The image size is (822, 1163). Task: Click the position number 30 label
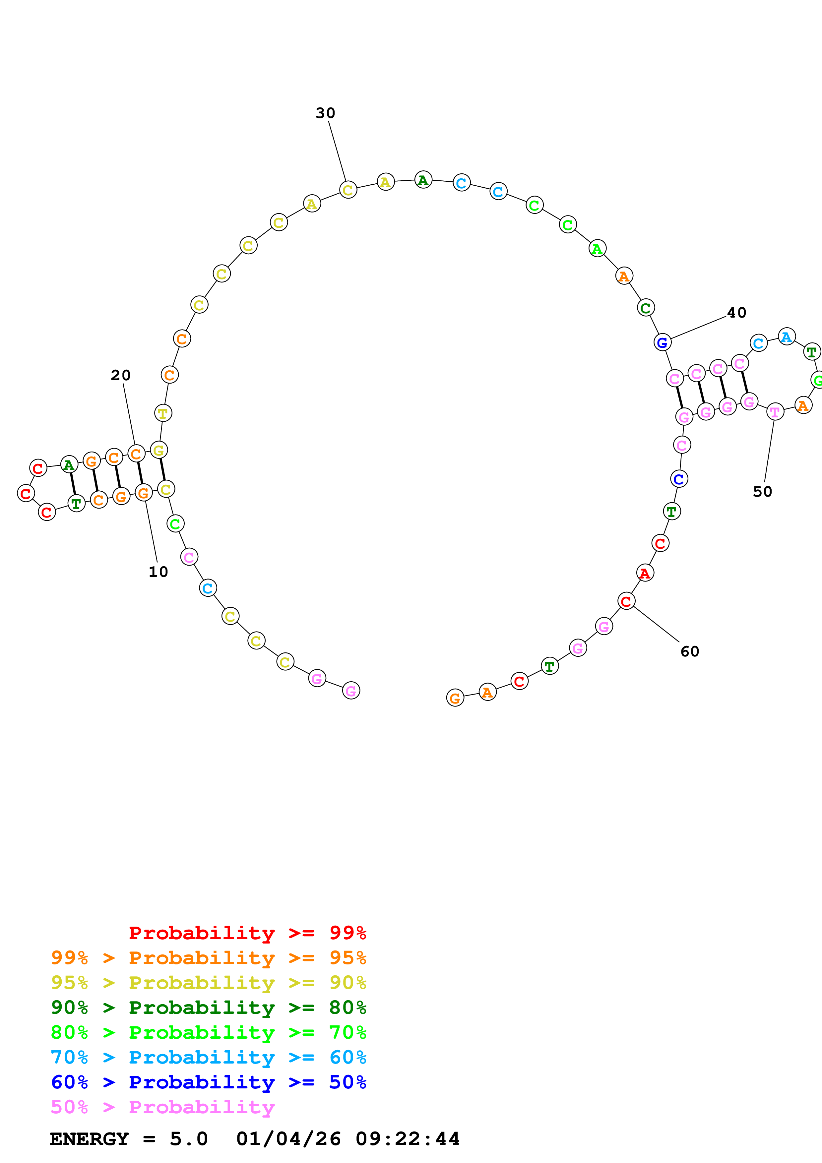click(325, 113)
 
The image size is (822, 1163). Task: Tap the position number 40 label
click(736, 313)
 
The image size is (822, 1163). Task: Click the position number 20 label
click(121, 375)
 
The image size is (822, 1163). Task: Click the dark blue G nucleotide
click(662, 342)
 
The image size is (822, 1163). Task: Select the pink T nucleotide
click(774, 411)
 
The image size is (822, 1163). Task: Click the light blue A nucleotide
click(786, 337)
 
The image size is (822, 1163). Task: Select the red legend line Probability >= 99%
click(247, 933)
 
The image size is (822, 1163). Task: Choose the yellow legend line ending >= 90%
click(208, 982)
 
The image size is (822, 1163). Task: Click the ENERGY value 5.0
click(188, 1139)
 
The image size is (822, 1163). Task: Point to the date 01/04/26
click(288, 1139)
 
